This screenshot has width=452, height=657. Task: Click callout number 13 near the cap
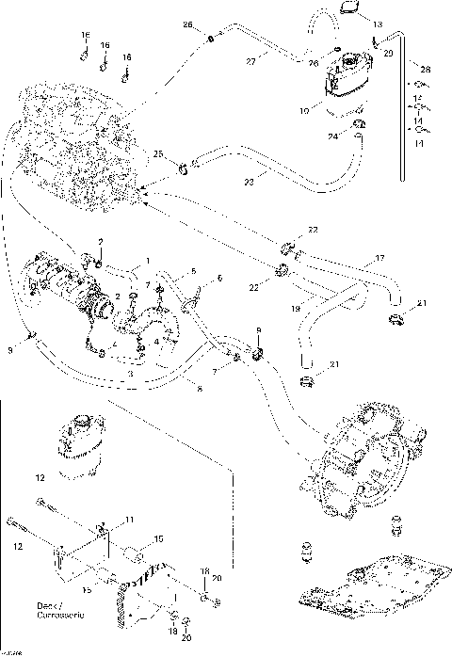tap(378, 24)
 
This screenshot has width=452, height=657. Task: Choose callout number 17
tap(379, 257)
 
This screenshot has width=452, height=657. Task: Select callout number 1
tap(147, 258)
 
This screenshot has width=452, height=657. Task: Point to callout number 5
tap(194, 271)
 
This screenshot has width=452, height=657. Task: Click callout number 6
tap(220, 279)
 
